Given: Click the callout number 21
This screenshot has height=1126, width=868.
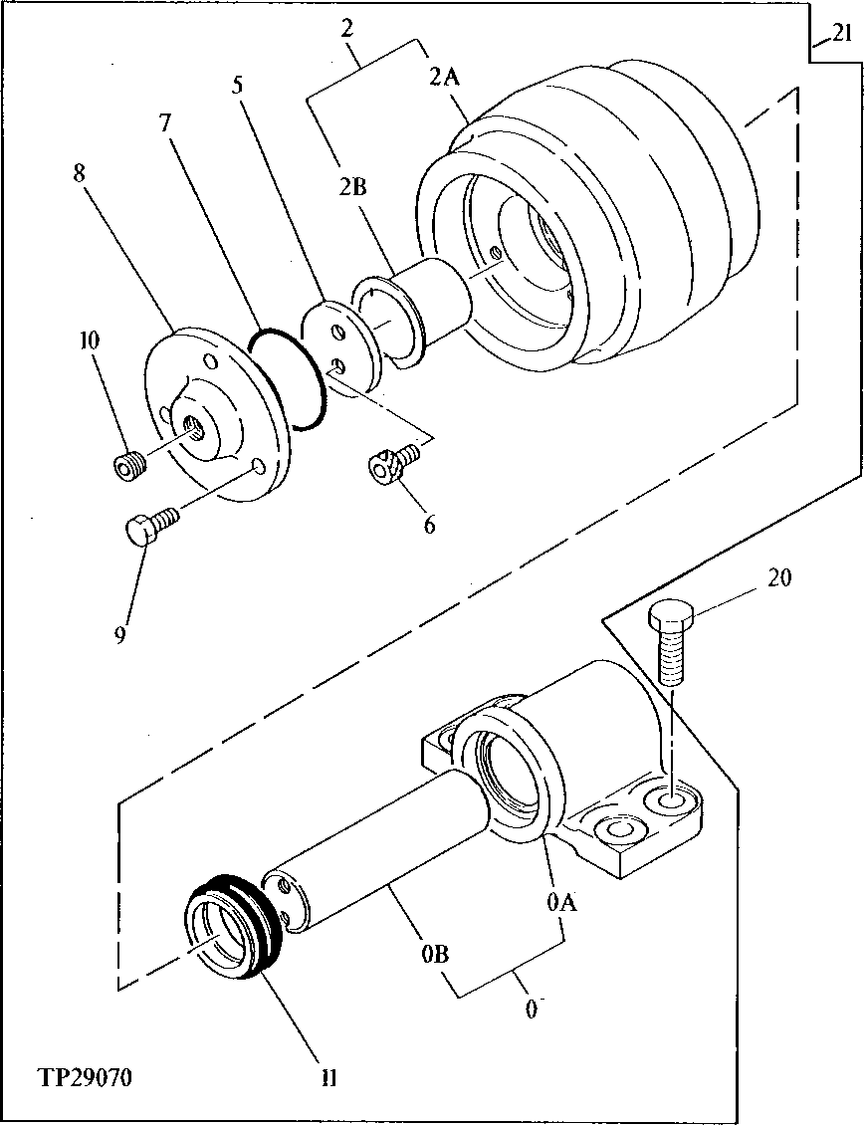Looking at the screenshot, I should tap(842, 36).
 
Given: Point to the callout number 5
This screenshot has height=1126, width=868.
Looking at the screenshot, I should tap(238, 84).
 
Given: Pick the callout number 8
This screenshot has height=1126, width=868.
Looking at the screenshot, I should tap(79, 172).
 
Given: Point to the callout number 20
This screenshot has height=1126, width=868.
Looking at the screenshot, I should tap(779, 577).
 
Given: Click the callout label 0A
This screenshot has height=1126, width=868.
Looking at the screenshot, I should tap(560, 902).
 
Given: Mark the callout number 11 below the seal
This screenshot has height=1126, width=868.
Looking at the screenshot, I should tap(329, 1078).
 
